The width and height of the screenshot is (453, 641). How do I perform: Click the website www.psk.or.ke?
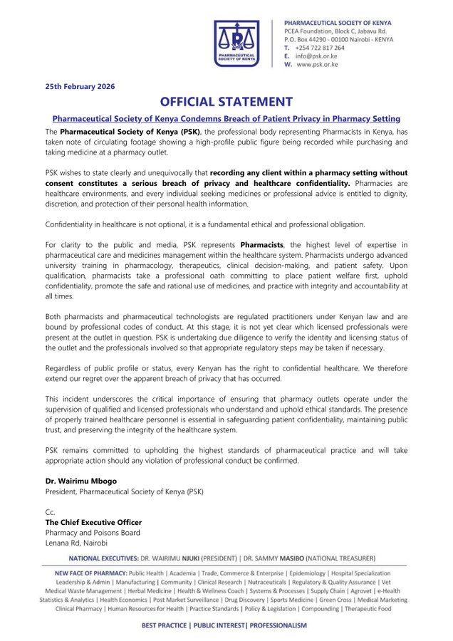click(x=318, y=64)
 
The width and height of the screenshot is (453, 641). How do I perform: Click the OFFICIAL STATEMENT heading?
click(x=226, y=102)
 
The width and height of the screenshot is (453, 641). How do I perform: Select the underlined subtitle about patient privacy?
click(x=226, y=118)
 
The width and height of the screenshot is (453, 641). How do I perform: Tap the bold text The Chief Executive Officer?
click(x=93, y=522)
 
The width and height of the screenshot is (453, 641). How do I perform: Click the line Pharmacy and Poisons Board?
click(x=93, y=532)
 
